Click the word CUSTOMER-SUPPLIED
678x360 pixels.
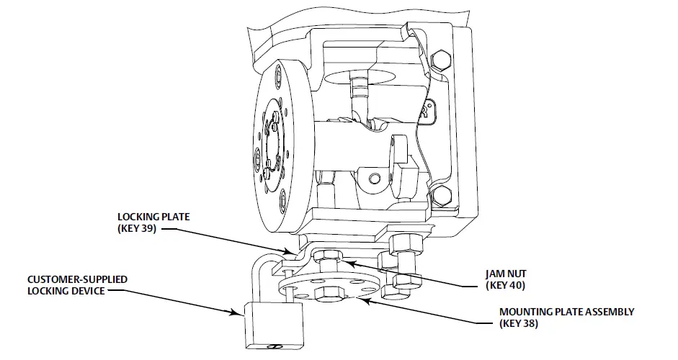coord(69,279)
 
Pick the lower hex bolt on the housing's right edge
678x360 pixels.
coord(441,192)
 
